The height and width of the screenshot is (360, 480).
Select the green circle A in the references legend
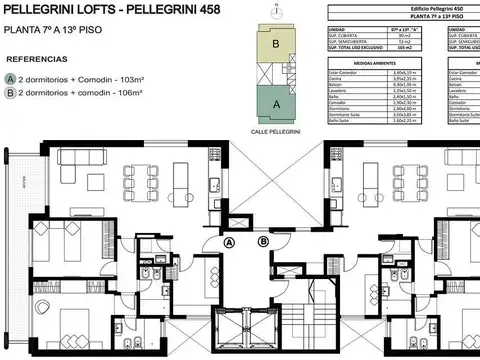(x=10, y=77)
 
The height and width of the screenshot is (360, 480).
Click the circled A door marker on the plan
(x=228, y=241)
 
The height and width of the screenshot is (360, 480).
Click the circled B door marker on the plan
(x=263, y=241)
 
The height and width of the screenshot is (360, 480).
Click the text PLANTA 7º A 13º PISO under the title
(x=46, y=31)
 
